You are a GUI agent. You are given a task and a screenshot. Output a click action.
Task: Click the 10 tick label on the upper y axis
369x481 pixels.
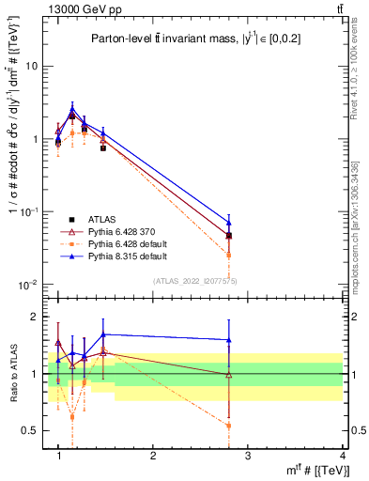coord(32,67)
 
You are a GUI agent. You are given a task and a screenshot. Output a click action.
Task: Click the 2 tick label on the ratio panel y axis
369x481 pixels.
coord(36,317)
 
